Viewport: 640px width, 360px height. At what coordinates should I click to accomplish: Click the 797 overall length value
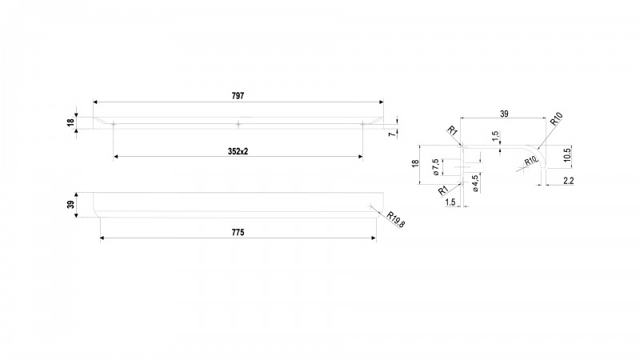coord(238,96)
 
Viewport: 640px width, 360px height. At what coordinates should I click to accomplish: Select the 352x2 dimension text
coord(238,151)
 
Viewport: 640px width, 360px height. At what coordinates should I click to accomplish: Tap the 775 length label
coord(238,232)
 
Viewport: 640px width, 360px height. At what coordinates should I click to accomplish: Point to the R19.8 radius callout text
coord(395,219)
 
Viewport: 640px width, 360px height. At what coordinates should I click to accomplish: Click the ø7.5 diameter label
coord(435,167)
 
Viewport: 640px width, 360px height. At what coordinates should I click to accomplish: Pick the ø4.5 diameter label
coord(475,183)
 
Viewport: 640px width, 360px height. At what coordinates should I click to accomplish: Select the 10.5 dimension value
coord(567,155)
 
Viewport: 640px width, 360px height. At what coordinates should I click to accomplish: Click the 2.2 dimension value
coord(569,181)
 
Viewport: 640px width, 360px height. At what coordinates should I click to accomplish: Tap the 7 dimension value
coord(392,134)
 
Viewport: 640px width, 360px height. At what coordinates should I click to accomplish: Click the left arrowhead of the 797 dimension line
coord(95,102)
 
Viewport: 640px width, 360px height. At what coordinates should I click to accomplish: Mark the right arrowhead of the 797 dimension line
coord(382,102)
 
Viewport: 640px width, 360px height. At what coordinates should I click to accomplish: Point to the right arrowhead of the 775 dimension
coord(374,238)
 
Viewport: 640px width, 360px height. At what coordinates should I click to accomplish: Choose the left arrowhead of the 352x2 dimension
coord(116,157)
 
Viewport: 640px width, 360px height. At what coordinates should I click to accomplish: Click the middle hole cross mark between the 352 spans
coord(238,124)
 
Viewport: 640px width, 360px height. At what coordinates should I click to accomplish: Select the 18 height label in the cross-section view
coord(415,163)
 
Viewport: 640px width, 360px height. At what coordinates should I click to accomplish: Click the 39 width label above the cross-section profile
coord(504,114)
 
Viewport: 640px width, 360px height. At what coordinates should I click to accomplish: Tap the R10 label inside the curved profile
coord(530,161)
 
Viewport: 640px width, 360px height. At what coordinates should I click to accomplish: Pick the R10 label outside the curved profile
coord(556,118)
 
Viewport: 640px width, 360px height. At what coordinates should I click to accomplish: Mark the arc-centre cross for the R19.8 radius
coord(370,206)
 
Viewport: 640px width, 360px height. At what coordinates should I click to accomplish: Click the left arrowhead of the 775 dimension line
coord(103,238)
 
